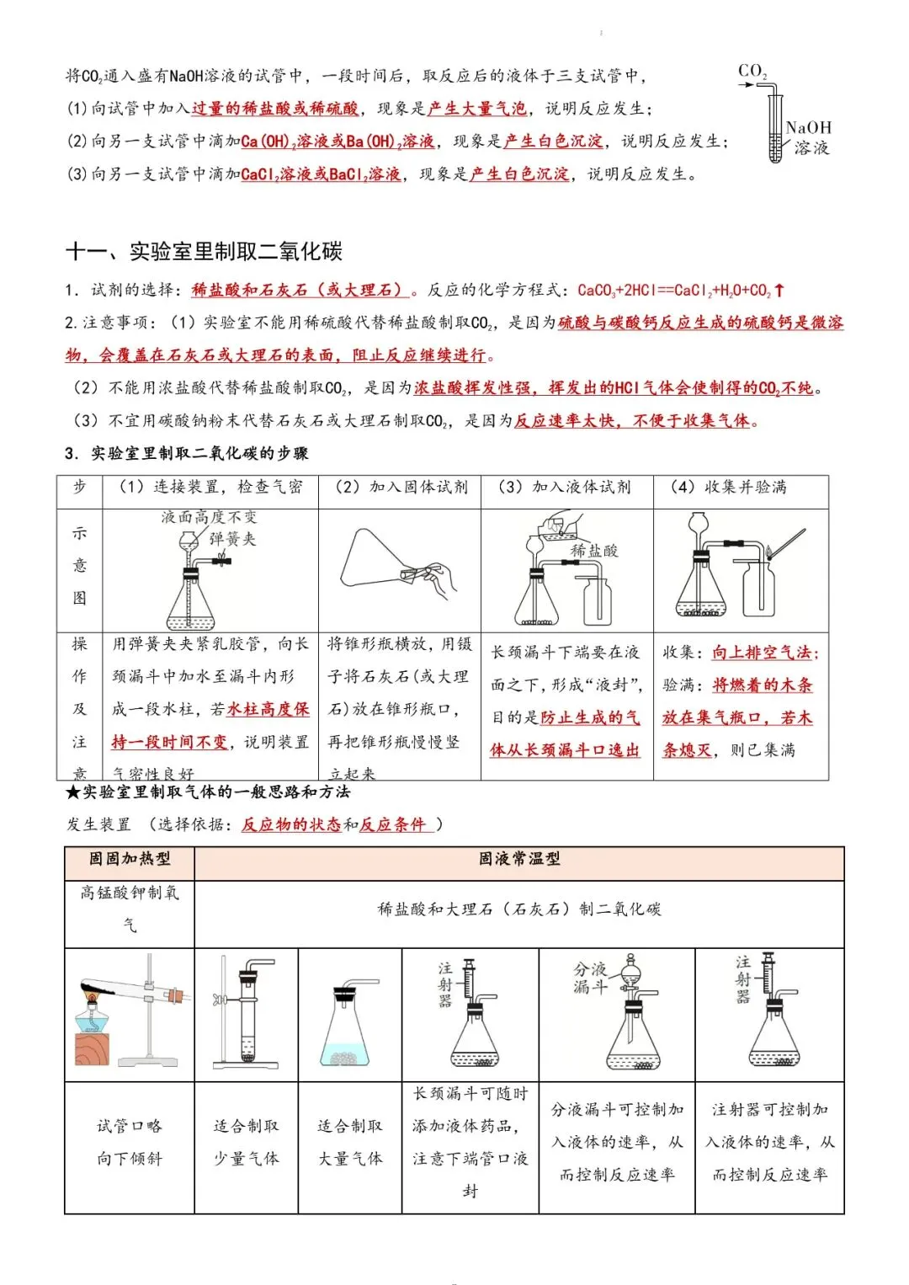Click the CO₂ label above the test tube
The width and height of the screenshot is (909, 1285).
pos(752,72)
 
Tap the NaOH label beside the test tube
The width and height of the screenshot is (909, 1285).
pos(808,128)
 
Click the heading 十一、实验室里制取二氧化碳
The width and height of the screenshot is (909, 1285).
pos(204,251)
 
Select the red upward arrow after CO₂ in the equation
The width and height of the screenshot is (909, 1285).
pos(779,291)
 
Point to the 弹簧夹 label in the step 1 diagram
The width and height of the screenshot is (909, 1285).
pos(232,539)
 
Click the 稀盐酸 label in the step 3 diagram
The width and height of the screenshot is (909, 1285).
pos(594,550)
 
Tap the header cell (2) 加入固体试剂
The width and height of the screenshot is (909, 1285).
pos(401,487)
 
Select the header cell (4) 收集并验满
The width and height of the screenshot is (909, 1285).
pos(729,487)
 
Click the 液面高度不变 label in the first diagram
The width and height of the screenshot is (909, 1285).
pos(210,517)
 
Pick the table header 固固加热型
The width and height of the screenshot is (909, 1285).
pos(130,859)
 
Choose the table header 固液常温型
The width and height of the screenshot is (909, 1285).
pos(519,859)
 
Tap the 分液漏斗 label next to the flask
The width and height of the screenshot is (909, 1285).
pos(590,978)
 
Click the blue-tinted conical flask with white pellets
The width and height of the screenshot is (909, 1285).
pos(349,1032)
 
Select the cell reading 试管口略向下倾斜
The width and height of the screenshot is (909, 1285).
pos(130,1142)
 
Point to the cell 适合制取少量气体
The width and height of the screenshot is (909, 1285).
pos(246,1142)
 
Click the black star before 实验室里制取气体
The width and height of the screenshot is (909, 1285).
pos(73,792)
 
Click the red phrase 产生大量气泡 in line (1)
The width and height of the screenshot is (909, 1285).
pos(477,109)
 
